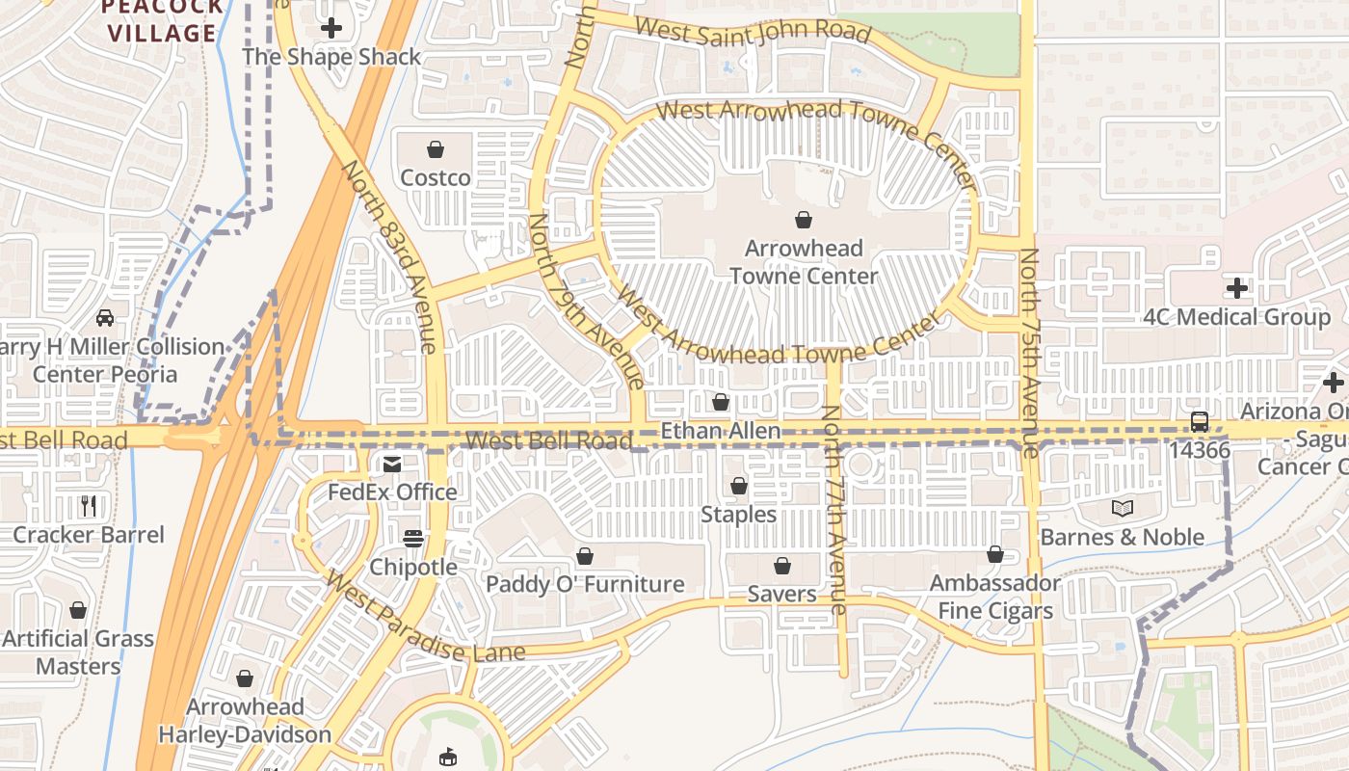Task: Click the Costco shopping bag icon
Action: tap(436, 149)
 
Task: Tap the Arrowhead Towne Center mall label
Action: tap(804, 262)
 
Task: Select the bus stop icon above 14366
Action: tap(1200, 421)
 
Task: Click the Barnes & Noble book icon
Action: tap(1122, 508)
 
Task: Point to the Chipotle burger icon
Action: tap(413, 538)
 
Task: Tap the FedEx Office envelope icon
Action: tap(392, 465)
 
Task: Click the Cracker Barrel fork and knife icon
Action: tap(89, 505)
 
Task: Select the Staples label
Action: tap(738, 515)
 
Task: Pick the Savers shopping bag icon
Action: tap(782, 566)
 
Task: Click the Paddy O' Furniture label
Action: tap(585, 584)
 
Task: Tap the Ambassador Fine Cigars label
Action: tap(994, 598)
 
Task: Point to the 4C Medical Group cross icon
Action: tap(1237, 287)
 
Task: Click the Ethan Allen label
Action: tap(721, 431)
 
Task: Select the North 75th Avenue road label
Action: tap(1030, 352)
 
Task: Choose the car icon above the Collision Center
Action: tap(105, 317)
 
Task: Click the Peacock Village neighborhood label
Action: tap(162, 21)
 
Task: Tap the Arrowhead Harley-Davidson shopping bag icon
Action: tap(245, 678)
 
